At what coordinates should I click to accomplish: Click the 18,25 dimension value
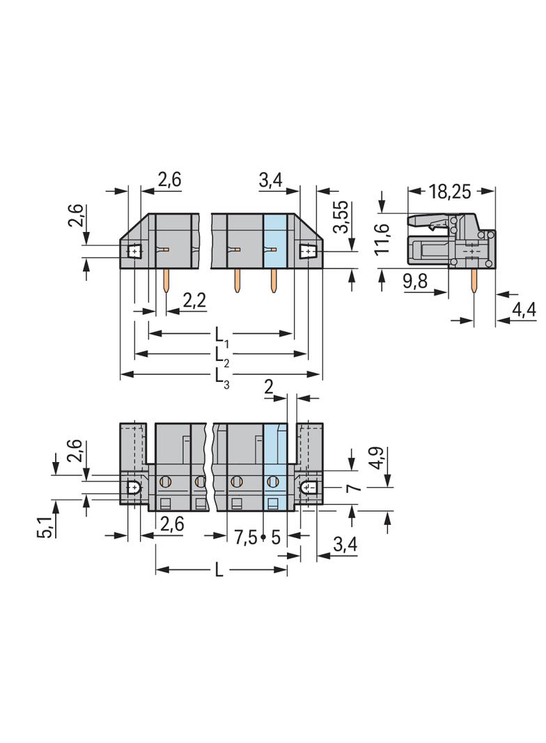(449, 192)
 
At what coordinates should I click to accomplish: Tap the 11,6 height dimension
(382, 238)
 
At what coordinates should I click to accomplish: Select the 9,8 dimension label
(415, 281)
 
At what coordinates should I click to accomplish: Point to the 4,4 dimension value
(524, 310)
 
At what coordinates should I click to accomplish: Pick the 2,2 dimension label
(194, 300)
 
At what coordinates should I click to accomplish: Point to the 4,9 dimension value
(378, 458)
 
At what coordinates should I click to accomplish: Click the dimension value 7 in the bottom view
(355, 488)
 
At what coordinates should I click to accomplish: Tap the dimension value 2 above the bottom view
(269, 388)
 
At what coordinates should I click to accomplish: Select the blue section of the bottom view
(275, 468)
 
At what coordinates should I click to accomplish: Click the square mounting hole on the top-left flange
(135, 250)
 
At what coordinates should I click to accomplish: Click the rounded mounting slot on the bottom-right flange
(309, 487)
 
